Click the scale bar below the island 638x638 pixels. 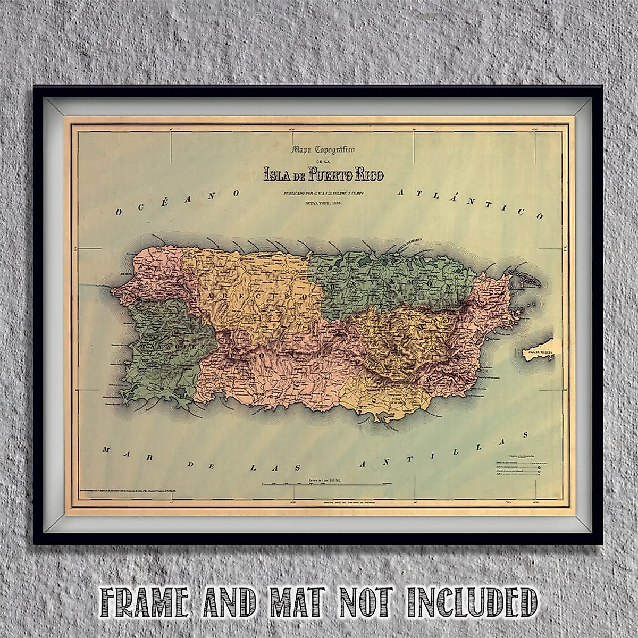coord(325,484)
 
